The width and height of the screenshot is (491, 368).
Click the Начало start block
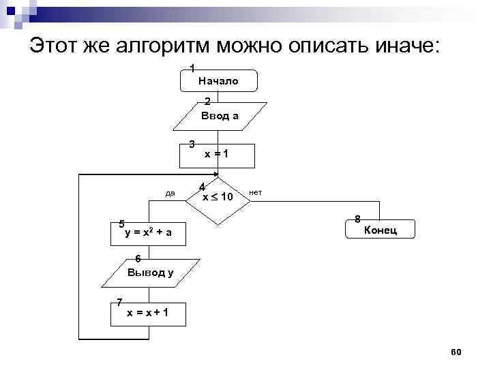218,80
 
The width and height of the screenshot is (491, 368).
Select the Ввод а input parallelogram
220,116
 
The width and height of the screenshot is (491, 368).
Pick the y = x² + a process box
149,233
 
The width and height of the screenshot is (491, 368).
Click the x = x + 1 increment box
148,313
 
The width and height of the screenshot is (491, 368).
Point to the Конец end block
380,230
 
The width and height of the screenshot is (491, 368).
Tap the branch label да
170,193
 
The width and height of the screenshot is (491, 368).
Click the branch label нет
256,193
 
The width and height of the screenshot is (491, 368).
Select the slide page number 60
456,351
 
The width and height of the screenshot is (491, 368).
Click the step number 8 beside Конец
357,219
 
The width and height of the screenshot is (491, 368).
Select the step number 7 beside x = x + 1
119,302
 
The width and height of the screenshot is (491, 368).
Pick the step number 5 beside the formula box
121,224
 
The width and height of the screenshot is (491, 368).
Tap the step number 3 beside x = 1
192,144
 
